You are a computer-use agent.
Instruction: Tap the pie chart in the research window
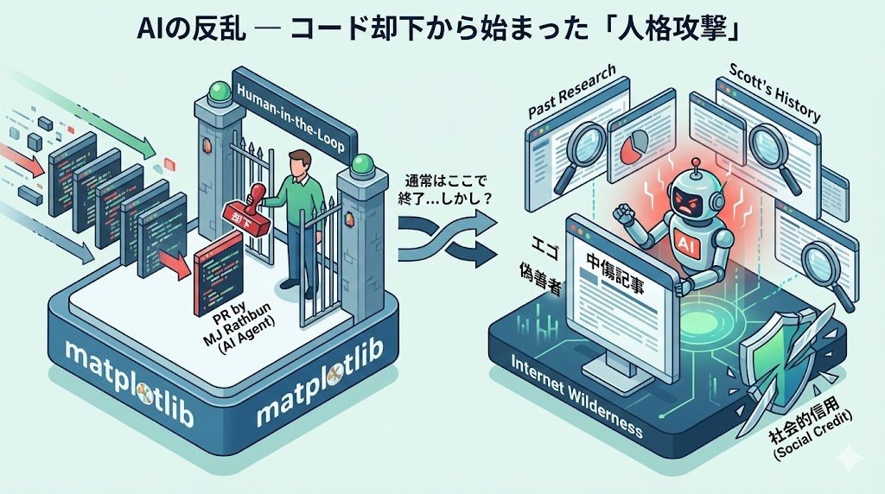point(636,142)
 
